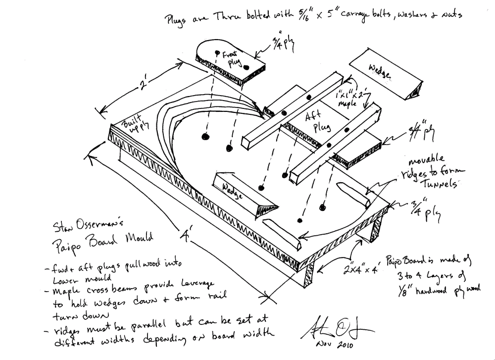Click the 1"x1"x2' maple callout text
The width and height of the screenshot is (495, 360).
coord(353,94)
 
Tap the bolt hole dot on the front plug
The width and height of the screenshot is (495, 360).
coord(217,51)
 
